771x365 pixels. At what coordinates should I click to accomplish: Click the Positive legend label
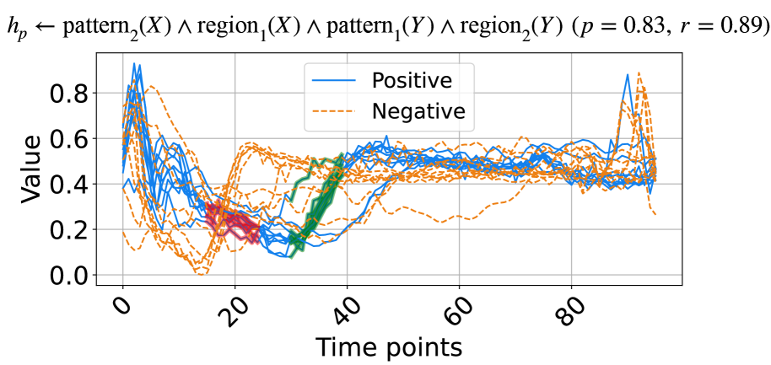(412, 81)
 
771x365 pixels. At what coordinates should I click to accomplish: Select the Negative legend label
(418, 110)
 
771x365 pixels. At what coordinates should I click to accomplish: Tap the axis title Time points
(388, 346)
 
